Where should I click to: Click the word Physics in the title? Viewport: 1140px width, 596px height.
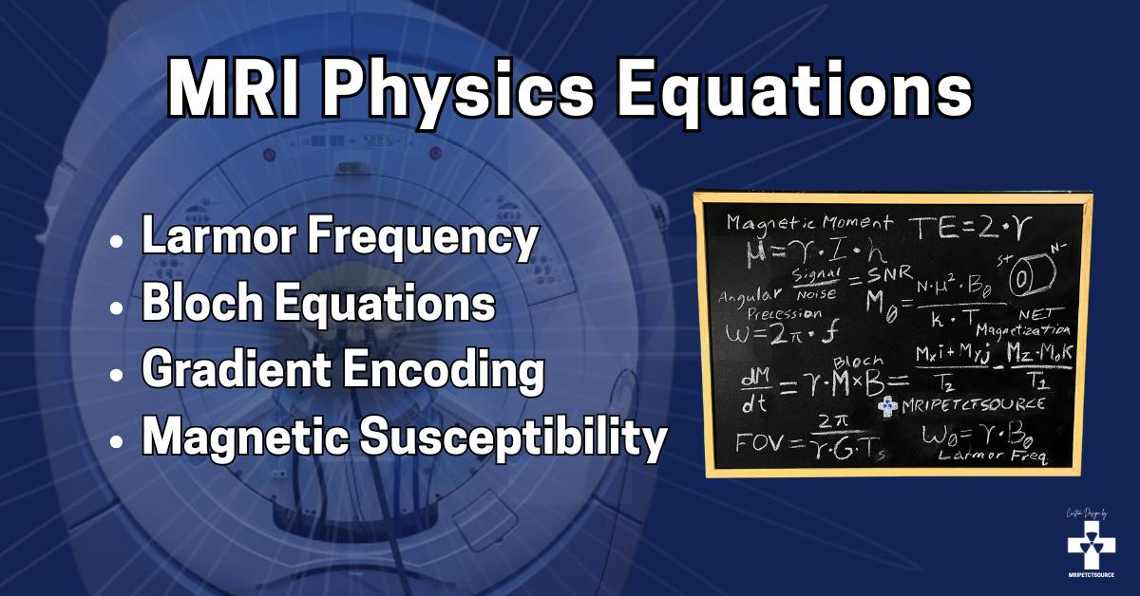coord(428,88)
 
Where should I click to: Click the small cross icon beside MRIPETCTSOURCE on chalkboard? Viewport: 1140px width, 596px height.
coord(886,406)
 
